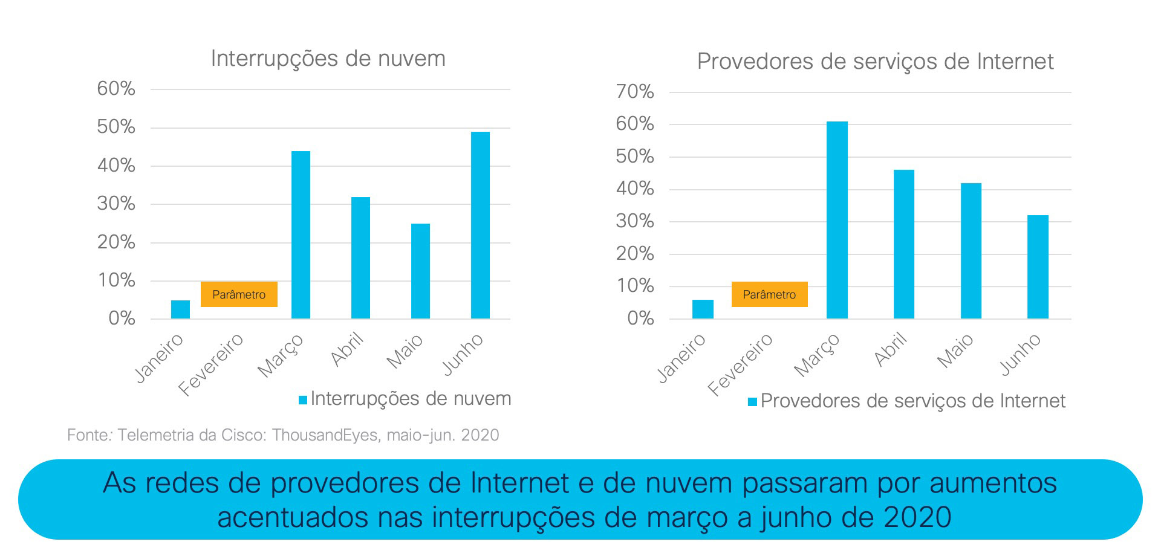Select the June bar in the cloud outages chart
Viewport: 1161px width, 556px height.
point(480,225)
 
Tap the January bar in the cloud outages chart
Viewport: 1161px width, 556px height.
point(180,309)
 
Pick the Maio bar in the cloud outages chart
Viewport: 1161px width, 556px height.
point(420,271)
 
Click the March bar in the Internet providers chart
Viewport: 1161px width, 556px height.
point(837,220)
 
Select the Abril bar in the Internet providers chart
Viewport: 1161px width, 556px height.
point(904,244)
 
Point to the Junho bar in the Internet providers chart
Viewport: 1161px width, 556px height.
point(1038,267)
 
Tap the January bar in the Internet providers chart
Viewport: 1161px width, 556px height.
point(703,309)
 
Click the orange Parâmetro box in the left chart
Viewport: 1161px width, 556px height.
point(239,294)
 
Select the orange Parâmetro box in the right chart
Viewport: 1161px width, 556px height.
point(769,294)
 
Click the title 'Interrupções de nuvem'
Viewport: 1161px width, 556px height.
point(328,59)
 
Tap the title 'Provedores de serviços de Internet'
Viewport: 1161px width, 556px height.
point(875,62)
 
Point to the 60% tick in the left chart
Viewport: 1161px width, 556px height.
point(116,89)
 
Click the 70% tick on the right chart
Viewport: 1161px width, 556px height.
point(635,92)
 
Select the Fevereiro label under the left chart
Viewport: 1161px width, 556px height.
point(211,364)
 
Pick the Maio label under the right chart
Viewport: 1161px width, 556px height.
point(955,351)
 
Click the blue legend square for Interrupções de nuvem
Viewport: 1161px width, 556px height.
point(303,399)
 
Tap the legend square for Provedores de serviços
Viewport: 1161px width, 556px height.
point(752,402)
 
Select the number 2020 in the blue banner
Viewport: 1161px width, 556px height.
point(917,517)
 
